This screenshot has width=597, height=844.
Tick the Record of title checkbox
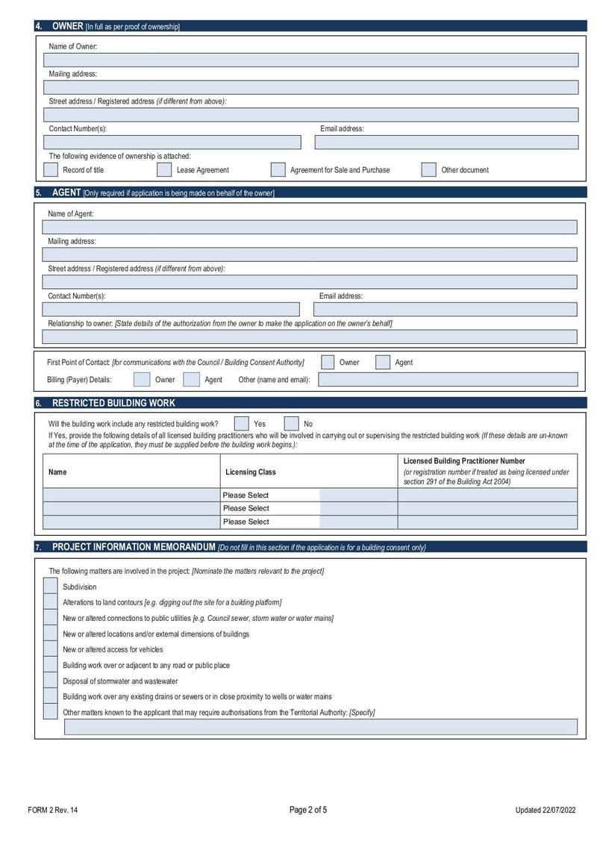(51, 169)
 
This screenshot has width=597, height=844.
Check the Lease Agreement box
(164, 169)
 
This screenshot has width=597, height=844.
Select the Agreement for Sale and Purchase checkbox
(278, 169)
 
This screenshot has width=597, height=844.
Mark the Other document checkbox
(428, 169)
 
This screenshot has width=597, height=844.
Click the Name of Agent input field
(310, 228)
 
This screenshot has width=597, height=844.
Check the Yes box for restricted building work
(242, 423)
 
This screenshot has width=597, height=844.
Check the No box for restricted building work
(292, 423)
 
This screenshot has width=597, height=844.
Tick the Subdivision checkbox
(50, 587)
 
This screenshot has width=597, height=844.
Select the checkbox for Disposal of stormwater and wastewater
(50, 681)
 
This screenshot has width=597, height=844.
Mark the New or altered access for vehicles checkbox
(50, 649)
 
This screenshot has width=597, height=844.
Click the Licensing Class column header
(251, 472)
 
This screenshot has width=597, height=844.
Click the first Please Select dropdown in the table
(270, 495)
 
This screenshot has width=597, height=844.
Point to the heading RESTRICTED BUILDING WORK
(113, 403)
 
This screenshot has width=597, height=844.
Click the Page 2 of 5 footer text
(308, 810)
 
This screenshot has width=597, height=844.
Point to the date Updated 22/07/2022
(546, 810)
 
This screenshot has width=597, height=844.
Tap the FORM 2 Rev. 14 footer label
(52, 810)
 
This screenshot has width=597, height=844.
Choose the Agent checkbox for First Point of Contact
(383, 362)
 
